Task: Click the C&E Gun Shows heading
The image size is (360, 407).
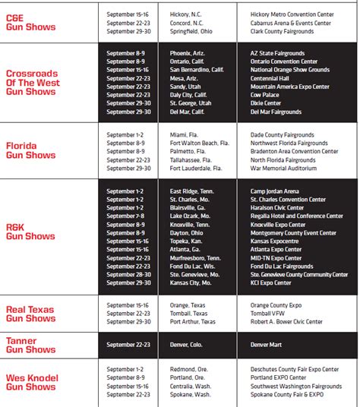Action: pos(30,21)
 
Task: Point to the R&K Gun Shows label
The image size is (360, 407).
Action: pos(30,231)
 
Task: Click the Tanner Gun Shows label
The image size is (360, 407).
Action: pos(30,345)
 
